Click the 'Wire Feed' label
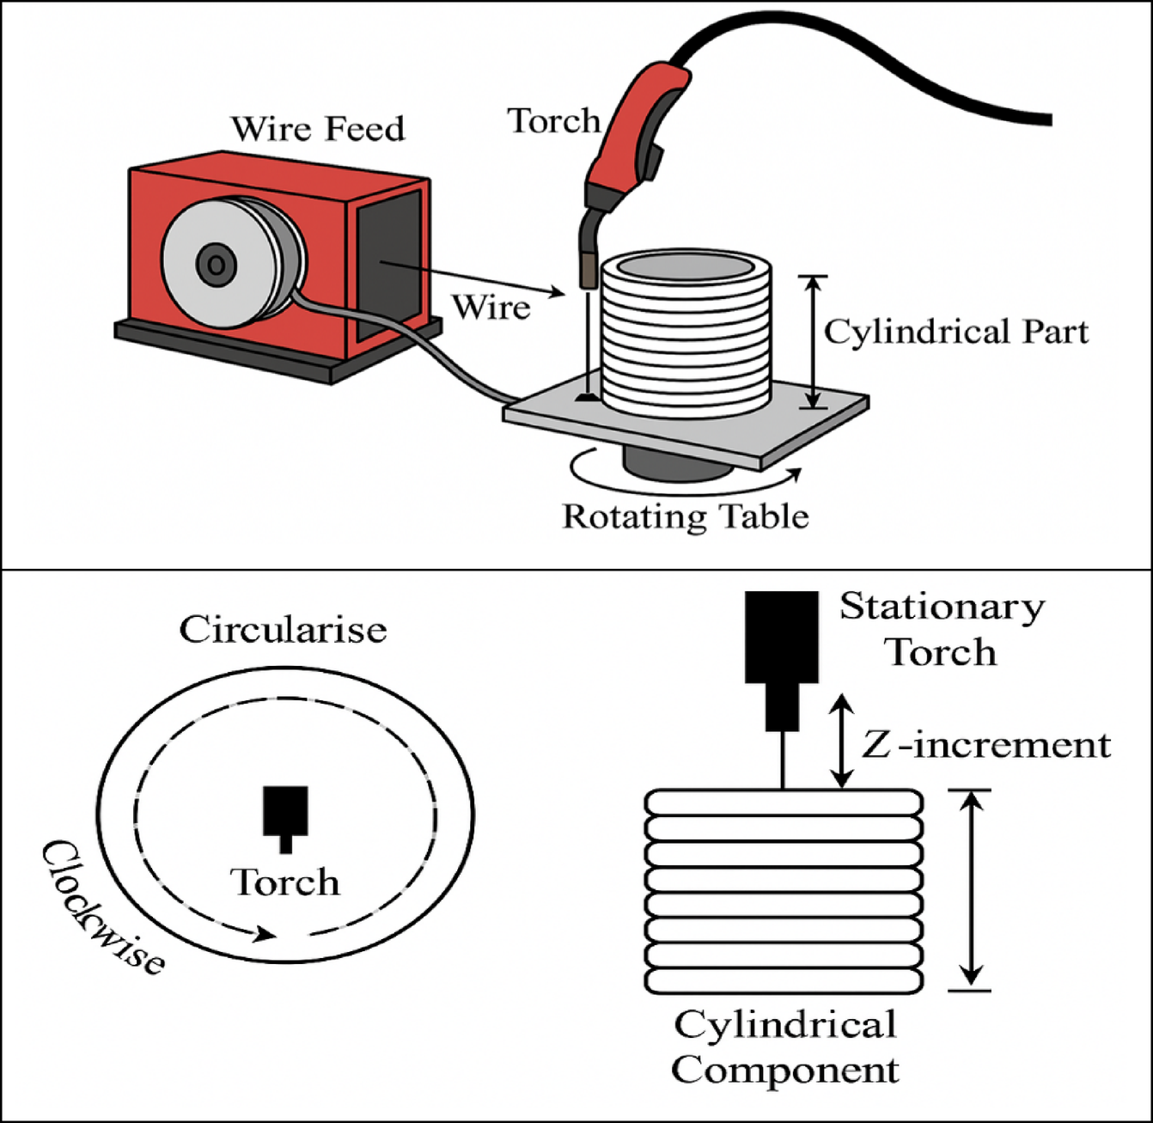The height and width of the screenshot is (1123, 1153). pyautogui.click(x=317, y=129)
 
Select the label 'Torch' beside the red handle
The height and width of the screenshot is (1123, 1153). pyautogui.click(x=553, y=121)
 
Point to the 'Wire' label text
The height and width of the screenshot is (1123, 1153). pyautogui.click(x=491, y=308)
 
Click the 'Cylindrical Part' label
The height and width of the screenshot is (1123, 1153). pyautogui.click(x=955, y=333)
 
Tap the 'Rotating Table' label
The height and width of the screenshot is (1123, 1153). pyautogui.click(x=685, y=516)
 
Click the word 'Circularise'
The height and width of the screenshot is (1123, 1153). pyautogui.click(x=283, y=630)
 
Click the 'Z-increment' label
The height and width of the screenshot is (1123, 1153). pyautogui.click(x=986, y=745)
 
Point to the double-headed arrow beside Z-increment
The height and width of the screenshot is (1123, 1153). pyautogui.click(x=843, y=741)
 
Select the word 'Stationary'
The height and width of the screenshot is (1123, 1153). pyautogui.click(x=942, y=607)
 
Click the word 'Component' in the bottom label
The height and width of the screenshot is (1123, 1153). pyautogui.click(x=784, y=1071)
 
